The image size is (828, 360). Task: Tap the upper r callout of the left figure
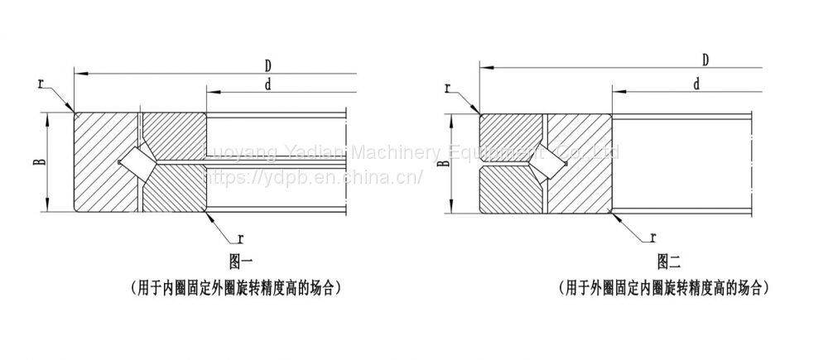pos(41,83)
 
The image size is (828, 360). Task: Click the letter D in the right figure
pos(705,60)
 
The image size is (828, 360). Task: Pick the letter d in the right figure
pos(696,84)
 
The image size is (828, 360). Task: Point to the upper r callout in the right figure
pos(448,89)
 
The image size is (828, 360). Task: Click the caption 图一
pos(240,262)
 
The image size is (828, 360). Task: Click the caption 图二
pos(668,262)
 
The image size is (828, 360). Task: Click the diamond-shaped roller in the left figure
pos(133,161)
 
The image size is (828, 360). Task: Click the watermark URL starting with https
pos(315,176)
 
